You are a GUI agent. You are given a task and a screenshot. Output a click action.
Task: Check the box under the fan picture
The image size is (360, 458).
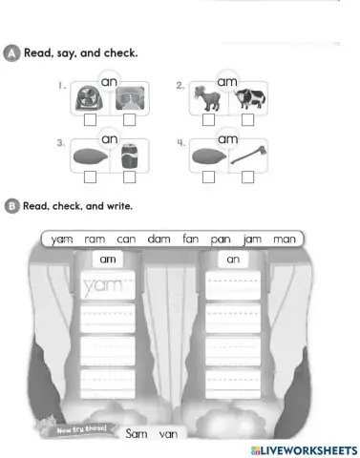[91, 122]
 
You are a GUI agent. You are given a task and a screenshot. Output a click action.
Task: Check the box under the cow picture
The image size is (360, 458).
[247, 121]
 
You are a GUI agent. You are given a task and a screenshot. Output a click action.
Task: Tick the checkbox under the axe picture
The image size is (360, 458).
[247, 177]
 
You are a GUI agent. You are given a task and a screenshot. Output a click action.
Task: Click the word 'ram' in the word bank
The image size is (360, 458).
[94, 239]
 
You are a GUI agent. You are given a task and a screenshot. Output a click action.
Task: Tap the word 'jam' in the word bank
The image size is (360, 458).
[251, 239]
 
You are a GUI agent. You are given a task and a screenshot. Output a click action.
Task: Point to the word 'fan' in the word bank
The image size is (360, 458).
[190, 239]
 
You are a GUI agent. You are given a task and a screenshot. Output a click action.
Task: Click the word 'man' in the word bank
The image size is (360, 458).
[284, 239]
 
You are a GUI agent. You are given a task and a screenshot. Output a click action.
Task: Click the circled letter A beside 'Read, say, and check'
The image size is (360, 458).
[11, 52]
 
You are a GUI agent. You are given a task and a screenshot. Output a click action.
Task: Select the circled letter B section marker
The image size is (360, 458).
[11, 205]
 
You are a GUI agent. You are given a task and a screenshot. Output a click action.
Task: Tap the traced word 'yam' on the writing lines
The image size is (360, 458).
[101, 285]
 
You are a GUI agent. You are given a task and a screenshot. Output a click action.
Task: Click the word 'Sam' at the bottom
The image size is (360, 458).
[136, 434]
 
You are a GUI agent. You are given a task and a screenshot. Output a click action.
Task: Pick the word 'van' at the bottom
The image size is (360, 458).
[168, 435]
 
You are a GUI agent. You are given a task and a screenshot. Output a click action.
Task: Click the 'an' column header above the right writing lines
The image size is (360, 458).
[233, 259]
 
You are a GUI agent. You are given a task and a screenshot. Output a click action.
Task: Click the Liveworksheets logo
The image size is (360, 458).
[303, 448]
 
